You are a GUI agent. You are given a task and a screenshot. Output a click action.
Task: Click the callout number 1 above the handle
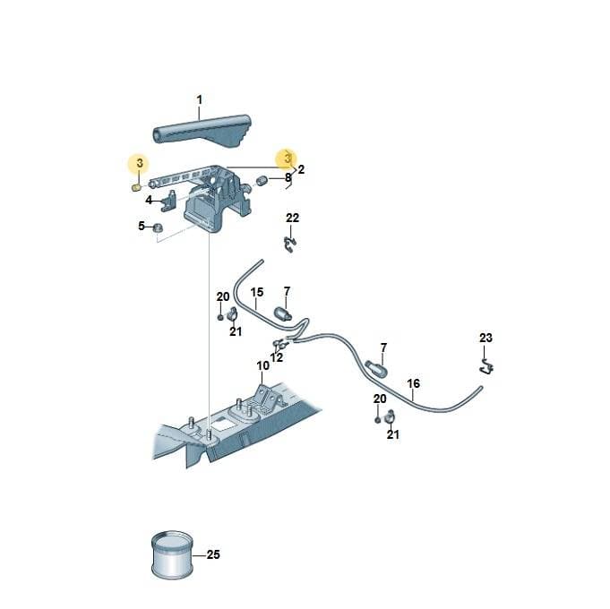[x=200, y=100]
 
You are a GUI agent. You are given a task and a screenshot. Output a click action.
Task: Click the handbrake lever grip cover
[x=202, y=131]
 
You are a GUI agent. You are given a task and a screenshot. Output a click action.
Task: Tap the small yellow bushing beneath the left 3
[x=136, y=188]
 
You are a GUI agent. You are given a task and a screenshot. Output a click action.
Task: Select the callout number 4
[x=149, y=200]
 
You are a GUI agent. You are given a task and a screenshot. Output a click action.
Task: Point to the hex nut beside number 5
[x=158, y=227]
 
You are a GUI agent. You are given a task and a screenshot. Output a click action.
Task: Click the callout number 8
[x=288, y=177]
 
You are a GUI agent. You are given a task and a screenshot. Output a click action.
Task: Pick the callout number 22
[x=293, y=218]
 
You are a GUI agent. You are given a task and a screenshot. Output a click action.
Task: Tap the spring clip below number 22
[x=290, y=244]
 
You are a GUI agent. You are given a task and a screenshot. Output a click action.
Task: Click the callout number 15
[x=257, y=292]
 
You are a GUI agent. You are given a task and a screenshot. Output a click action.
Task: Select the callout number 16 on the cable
[x=414, y=383]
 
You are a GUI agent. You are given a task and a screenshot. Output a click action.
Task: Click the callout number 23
[x=485, y=338]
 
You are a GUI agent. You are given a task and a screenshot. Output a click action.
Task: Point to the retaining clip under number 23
[x=486, y=366]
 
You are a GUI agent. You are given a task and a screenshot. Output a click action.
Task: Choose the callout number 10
[x=263, y=365]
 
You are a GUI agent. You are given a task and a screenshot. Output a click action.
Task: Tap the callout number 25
[x=213, y=554]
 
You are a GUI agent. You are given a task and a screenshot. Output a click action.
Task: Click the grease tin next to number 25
[x=172, y=555]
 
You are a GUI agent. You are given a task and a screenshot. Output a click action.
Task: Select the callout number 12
[x=277, y=357]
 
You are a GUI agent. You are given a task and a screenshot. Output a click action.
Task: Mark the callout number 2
[x=301, y=169]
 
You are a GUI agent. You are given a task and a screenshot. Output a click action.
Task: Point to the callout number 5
[x=142, y=226]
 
